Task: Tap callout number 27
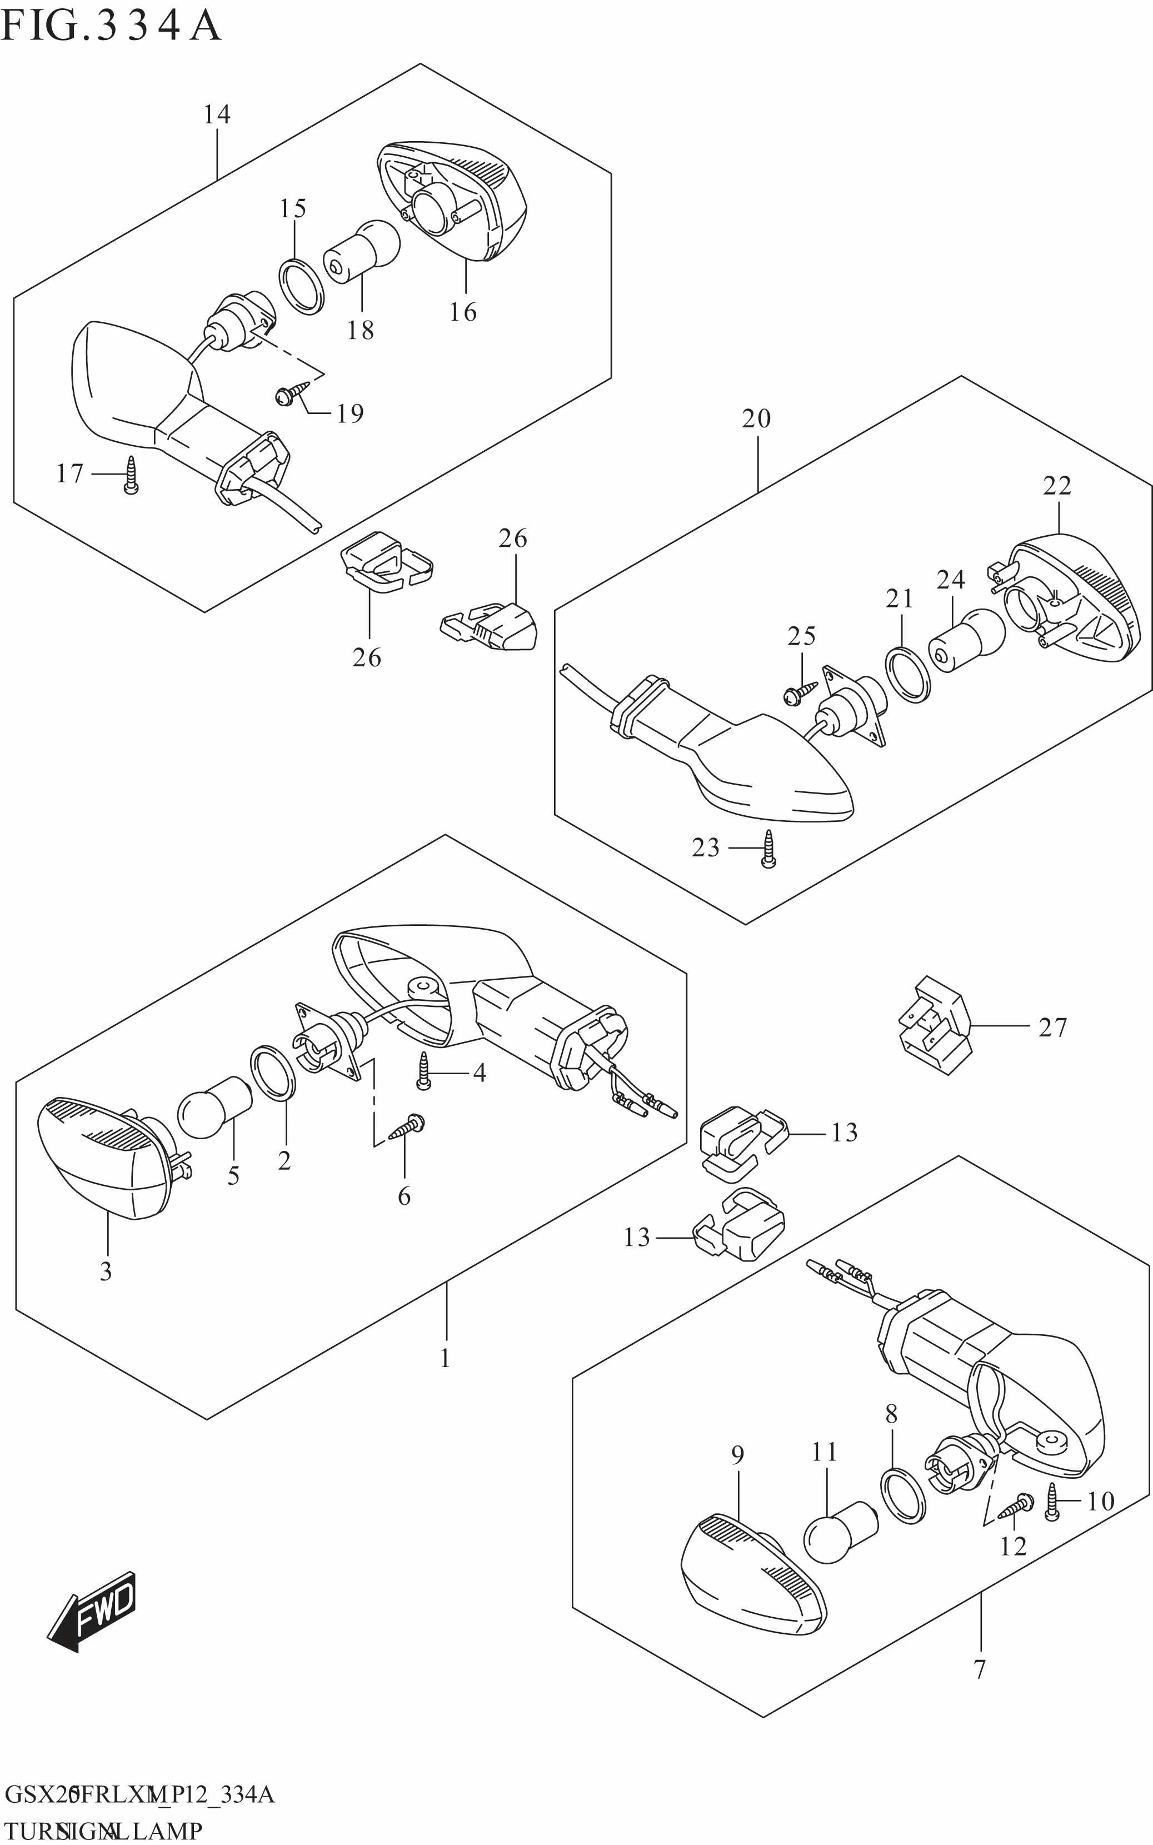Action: click(1052, 1028)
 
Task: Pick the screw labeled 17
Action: click(131, 475)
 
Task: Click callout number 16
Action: click(463, 312)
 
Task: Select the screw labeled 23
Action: click(768, 848)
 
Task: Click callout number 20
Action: click(756, 418)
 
